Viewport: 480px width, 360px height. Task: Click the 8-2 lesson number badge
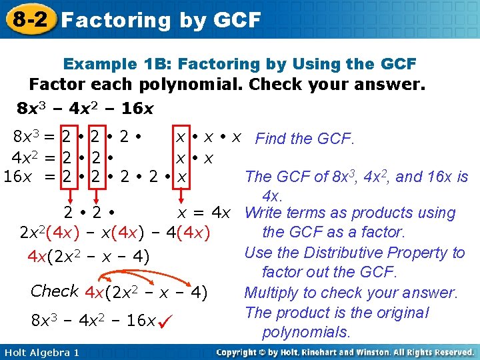[28, 18]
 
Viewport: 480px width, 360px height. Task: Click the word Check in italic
[55, 291]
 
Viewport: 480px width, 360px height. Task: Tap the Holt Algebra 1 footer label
[41, 352]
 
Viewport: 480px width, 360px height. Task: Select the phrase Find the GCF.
[305, 139]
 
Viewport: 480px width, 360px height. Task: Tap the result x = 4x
[203, 213]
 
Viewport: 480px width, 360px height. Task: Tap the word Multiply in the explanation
[273, 293]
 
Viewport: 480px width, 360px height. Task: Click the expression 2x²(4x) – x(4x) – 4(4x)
[115, 233]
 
